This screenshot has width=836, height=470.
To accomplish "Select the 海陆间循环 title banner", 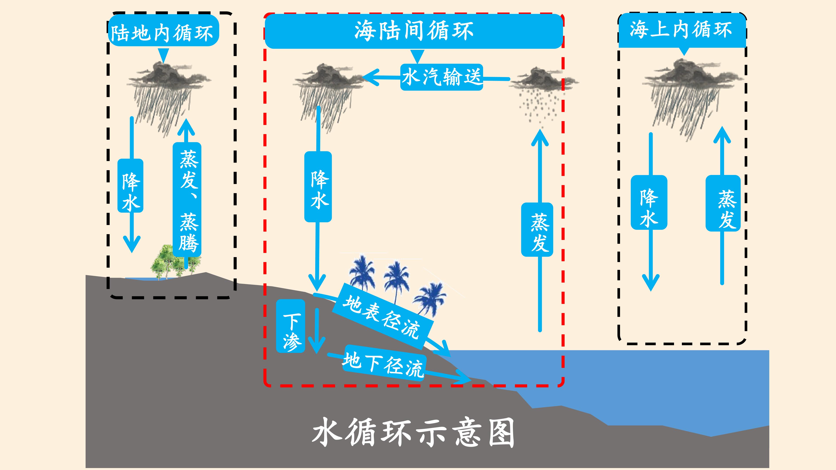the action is pos(414,31).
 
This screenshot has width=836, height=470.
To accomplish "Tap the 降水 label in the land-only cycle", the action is pos(130,186).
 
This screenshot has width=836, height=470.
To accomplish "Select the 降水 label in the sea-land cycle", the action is pos(318,187).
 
